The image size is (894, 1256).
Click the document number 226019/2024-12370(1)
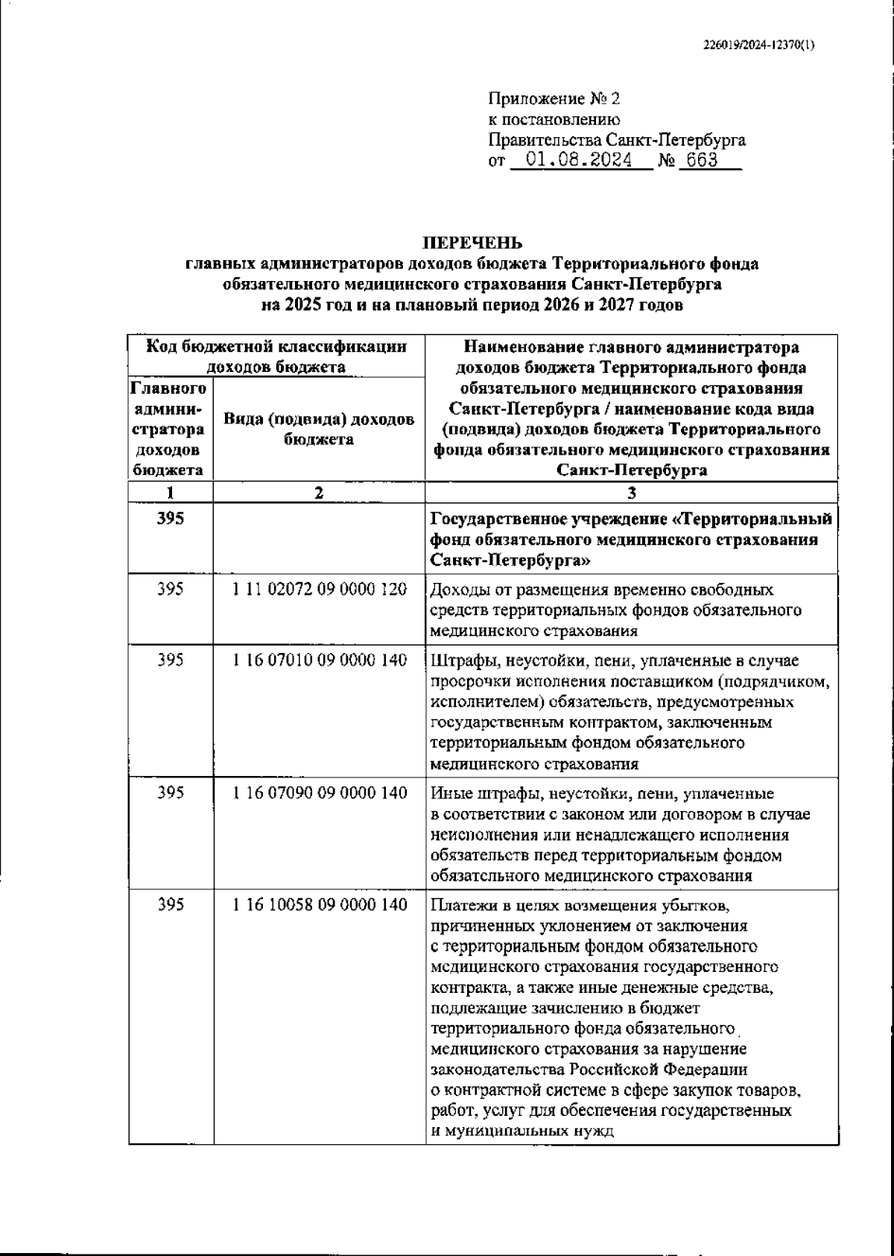[758, 45]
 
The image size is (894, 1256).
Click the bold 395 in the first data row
[171, 519]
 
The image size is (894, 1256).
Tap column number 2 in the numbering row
[319, 493]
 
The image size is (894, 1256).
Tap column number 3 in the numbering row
[631, 493]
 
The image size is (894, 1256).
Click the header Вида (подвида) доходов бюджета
[319, 429]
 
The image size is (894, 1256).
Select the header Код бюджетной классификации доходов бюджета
[276, 356]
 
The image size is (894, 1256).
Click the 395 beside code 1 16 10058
[171, 905]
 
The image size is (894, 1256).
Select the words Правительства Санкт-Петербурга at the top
[616, 140]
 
